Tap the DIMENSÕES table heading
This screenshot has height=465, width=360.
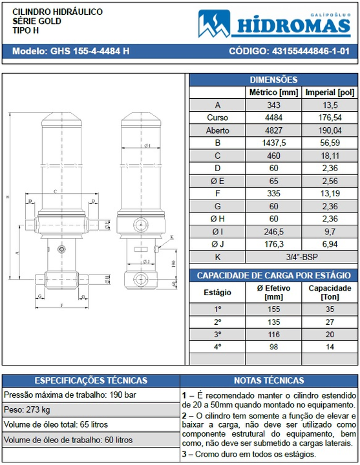click(x=273, y=79)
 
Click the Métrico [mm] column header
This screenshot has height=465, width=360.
click(x=273, y=92)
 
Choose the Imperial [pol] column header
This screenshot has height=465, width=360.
click(x=330, y=92)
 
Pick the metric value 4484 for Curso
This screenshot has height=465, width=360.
click(x=273, y=118)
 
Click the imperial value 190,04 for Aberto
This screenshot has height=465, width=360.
click(x=330, y=130)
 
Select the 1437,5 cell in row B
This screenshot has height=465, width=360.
click(x=273, y=143)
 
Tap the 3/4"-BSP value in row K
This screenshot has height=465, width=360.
click(x=301, y=256)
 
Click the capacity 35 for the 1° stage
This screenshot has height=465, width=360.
click(x=330, y=309)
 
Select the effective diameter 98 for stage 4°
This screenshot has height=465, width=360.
click(x=273, y=346)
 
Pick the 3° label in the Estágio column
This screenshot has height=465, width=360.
click(x=217, y=334)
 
